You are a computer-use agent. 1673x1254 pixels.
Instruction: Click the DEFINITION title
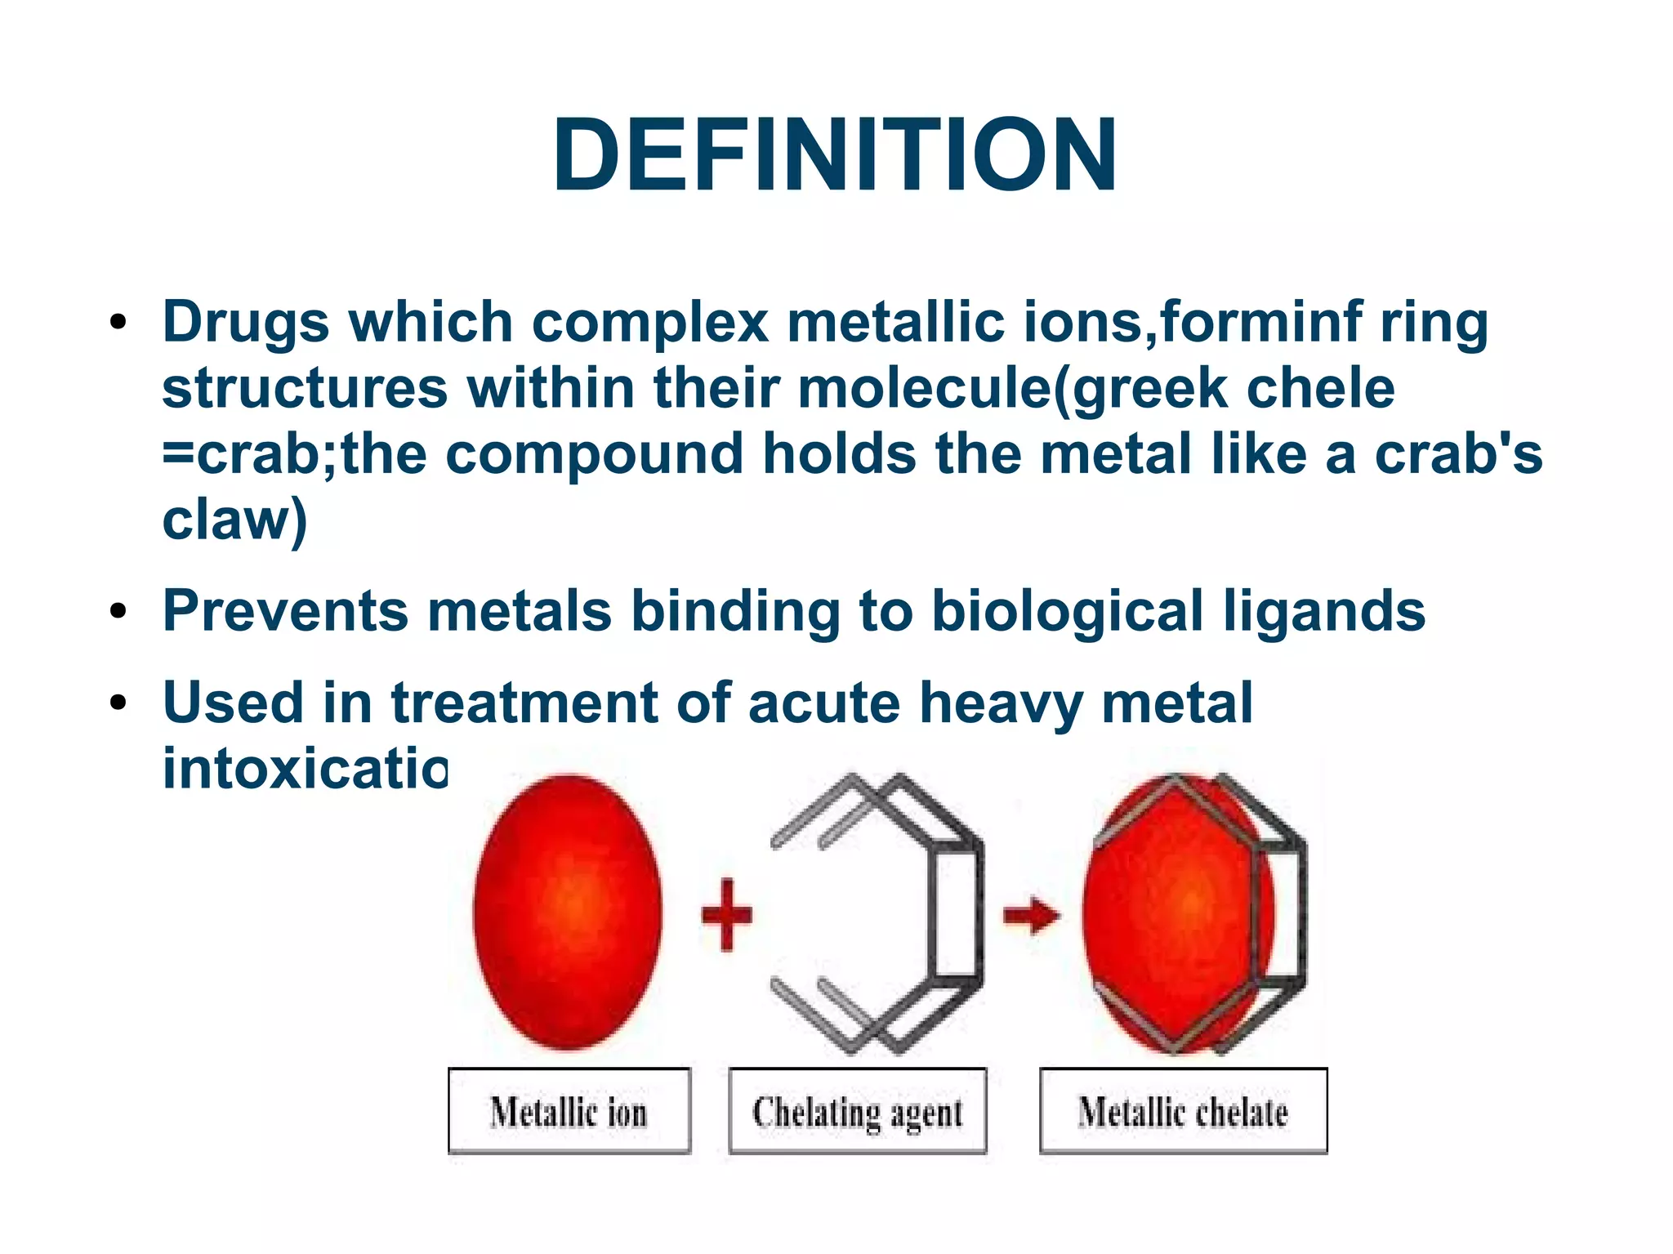point(835,155)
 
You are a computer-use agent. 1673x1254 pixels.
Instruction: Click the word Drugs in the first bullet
point(245,323)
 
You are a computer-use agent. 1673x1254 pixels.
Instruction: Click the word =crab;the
point(294,454)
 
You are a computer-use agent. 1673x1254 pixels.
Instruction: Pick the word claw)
point(235,520)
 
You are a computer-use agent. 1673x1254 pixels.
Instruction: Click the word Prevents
point(285,611)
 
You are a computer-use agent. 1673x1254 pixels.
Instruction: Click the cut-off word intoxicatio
point(305,769)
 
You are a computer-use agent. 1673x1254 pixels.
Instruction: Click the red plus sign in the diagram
point(726,915)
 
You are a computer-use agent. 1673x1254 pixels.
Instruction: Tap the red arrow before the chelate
point(1031,915)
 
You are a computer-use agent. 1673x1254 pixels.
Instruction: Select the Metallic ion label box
point(569,1111)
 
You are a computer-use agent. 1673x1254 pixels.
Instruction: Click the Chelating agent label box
point(857,1111)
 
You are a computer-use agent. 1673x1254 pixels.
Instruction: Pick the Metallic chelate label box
point(1182,1111)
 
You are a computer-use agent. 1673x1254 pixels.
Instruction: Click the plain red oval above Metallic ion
point(568,911)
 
